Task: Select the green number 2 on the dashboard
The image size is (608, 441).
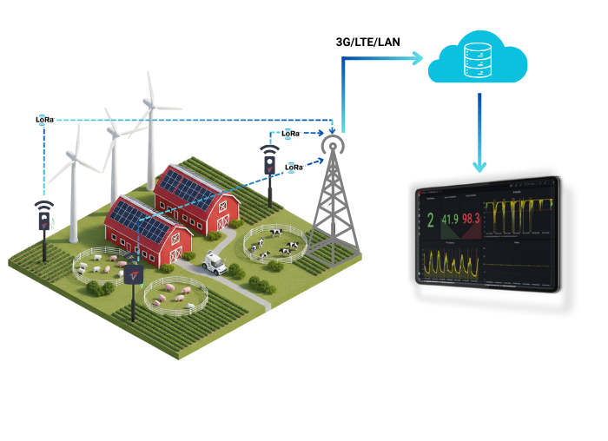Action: [x=430, y=221]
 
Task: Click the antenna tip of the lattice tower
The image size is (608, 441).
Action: [x=331, y=140]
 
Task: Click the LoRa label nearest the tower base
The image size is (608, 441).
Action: [x=294, y=167]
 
